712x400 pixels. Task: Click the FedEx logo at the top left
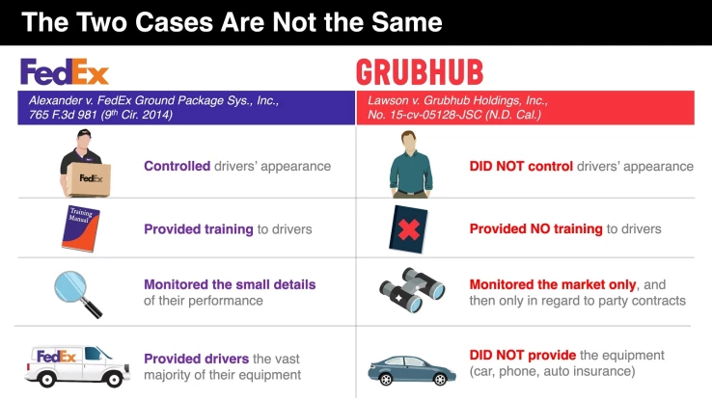coord(65,71)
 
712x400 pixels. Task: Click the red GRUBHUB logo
coord(419,72)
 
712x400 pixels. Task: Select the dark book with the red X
coord(406,228)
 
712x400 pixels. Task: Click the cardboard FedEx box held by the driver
coord(88,178)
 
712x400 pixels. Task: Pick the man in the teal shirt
coord(406,166)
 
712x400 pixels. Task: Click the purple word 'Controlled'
coord(177,166)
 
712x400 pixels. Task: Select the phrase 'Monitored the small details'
coord(230,284)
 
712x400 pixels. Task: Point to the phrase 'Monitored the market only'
coord(551,284)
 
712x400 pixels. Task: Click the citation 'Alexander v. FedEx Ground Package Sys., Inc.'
coord(154,100)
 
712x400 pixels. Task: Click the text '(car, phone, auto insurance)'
coord(553,371)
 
